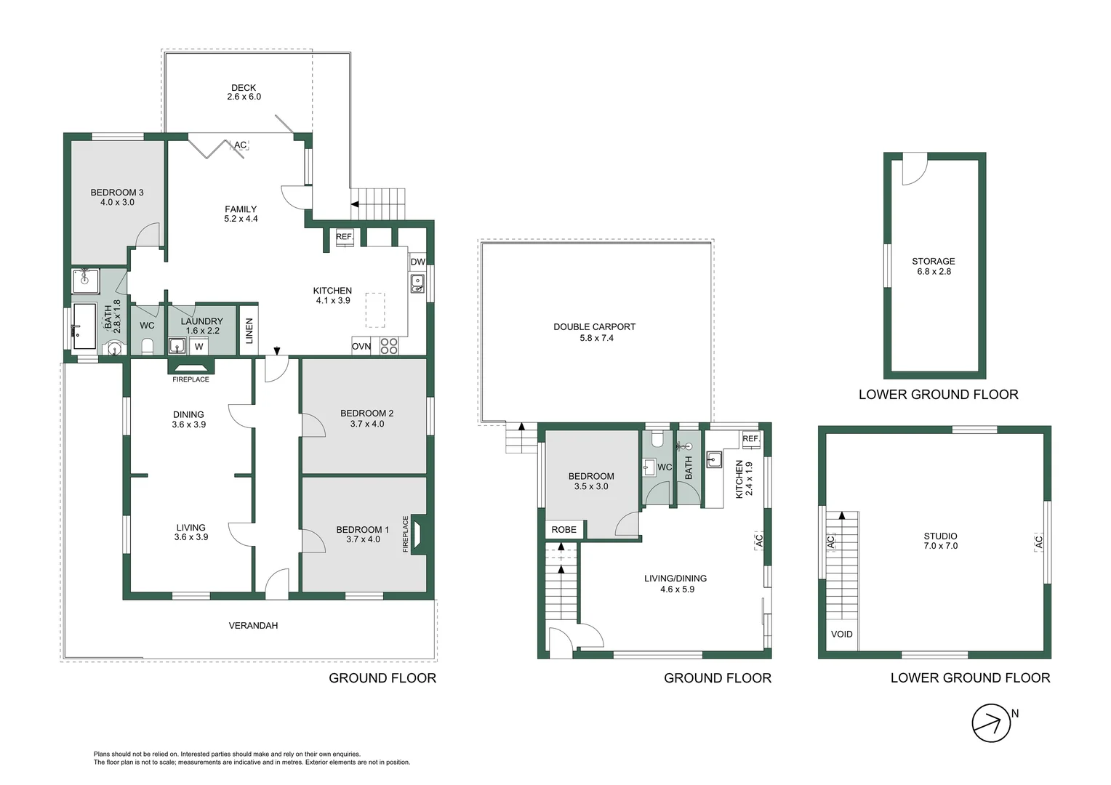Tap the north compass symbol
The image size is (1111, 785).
click(991, 723)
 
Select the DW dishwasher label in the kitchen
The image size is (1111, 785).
click(417, 262)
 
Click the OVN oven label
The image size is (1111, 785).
click(361, 346)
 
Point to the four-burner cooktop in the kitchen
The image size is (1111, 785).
click(389, 346)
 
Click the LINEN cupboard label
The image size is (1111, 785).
click(249, 331)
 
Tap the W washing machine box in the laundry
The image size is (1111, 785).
click(199, 347)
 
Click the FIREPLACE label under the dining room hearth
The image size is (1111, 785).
click(191, 379)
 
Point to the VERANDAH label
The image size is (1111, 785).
click(253, 625)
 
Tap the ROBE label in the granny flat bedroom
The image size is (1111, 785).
click(564, 530)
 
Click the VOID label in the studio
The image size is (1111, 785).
click(842, 634)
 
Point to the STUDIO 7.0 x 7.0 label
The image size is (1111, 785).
click(940, 541)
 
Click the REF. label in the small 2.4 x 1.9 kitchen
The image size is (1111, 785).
click(751, 438)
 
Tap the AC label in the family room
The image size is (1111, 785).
click(240, 145)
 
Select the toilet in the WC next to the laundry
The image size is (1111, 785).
click(148, 346)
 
